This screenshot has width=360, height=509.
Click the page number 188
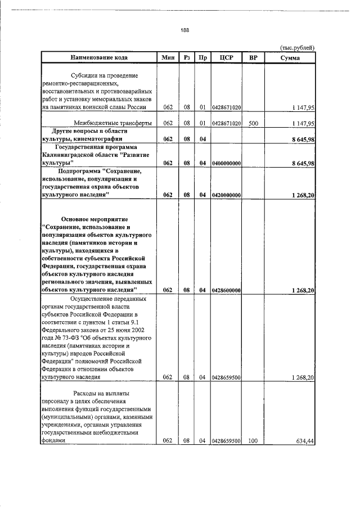[184, 30]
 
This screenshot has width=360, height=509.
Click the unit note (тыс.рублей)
[297, 48]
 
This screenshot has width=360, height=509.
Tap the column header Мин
[167, 57]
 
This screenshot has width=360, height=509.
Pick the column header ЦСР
[227, 57]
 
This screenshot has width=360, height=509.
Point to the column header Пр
[203, 57]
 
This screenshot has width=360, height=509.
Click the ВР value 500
[253, 123]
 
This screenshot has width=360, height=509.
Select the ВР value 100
[253, 441]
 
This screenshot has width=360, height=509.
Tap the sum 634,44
[304, 441]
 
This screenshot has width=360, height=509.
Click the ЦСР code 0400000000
[227, 163]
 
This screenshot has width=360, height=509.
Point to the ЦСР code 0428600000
[227, 290]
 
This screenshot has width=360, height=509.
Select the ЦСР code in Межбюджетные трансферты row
[227, 123]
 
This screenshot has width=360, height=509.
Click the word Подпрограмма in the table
[79, 170]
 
